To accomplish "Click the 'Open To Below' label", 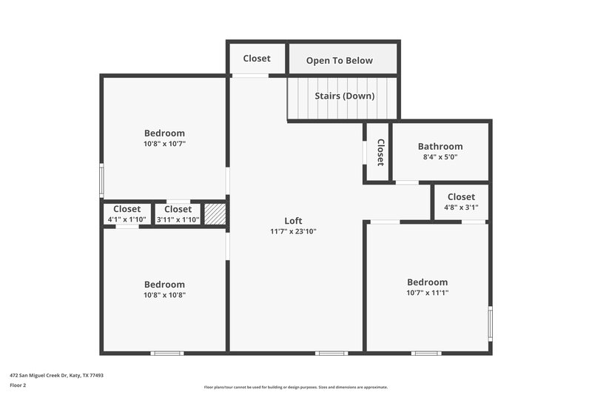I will pyautogui.click(x=340, y=60).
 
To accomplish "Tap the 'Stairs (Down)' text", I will pyautogui.click(x=344, y=96).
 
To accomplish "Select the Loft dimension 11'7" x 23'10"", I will pyautogui.click(x=294, y=231).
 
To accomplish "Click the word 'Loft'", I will pyautogui.click(x=294, y=220).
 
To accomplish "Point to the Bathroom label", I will pyautogui.click(x=440, y=146).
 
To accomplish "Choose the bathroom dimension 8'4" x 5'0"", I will pyautogui.click(x=440, y=157).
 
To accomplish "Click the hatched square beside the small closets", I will pyautogui.click(x=214, y=213).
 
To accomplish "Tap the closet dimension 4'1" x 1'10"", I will pyautogui.click(x=127, y=219).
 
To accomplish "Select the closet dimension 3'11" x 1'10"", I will pyautogui.click(x=178, y=219).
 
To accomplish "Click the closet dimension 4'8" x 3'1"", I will pyautogui.click(x=461, y=208).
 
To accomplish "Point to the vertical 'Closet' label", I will pyautogui.click(x=380, y=152).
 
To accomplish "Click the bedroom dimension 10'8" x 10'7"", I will pyautogui.click(x=164, y=144).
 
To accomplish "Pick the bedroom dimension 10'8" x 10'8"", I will pyautogui.click(x=164, y=295).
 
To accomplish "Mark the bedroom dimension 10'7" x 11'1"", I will pyautogui.click(x=428, y=293).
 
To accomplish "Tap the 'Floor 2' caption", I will pyautogui.click(x=18, y=385).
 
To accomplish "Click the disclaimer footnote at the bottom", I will pyautogui.click(x=295, y=387).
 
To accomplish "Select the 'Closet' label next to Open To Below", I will pyautogui.click(x=257, y=58).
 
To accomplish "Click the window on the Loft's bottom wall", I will pyautogui.click(x=332, y=353).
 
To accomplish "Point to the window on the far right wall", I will pyautogui.click(x=490, y=324).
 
